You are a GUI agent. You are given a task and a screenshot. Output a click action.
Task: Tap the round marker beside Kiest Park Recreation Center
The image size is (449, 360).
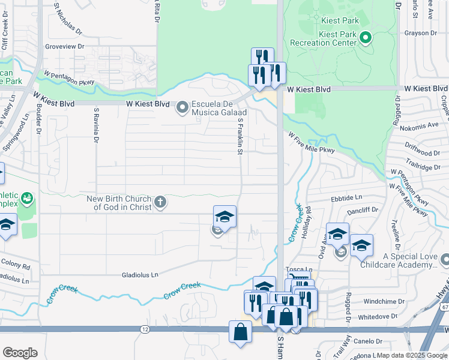pos(366,40)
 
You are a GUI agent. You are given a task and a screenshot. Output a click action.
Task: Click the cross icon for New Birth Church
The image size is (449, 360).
pos(160,202)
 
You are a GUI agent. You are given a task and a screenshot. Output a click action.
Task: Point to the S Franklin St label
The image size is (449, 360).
pos(239,136)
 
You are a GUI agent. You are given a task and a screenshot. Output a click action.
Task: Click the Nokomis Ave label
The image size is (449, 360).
pos(424,125)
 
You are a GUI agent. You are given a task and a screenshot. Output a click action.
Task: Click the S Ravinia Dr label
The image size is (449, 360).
pos(95,125)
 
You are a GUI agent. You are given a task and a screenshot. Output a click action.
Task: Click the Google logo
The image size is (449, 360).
pos(20,353)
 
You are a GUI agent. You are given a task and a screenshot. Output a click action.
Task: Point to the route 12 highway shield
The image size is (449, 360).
pos(145,330)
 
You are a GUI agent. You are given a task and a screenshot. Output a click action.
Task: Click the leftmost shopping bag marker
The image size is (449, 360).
pos(240,331)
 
